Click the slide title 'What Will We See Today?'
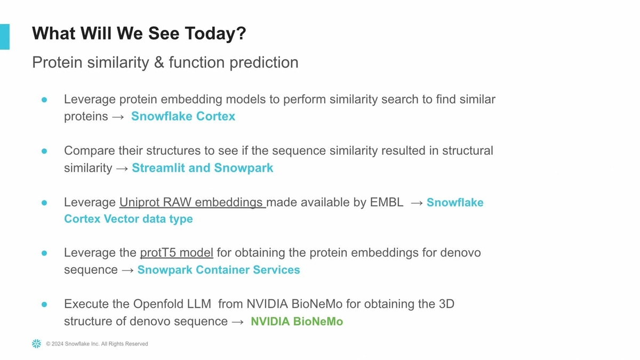[139, 34]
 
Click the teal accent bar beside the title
[5, 37]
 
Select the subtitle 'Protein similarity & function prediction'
[165, 62]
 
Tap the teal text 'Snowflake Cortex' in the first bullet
[183, 116]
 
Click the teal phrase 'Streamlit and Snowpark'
[203, 168]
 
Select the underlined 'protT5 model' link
[177, 253]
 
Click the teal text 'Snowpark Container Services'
[219, 270]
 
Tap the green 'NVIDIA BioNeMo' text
[297, 322]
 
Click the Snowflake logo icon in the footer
[37, 343]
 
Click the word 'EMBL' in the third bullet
[387, 202]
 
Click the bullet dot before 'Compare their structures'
[44, 151]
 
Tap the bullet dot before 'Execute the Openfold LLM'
[44, 305]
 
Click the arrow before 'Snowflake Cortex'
[118, 117]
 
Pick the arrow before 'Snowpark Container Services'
[127, 270]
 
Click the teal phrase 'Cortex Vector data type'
[129, 219]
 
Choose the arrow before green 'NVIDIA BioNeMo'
[238, 322]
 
